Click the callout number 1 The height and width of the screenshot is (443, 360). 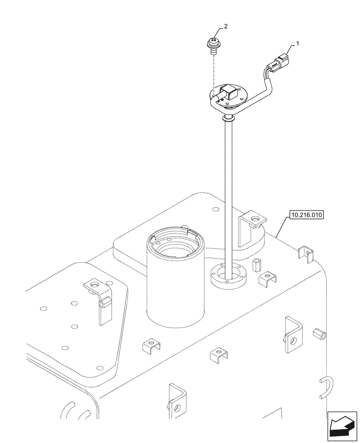[298, 43]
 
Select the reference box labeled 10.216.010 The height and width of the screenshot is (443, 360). [307, 215]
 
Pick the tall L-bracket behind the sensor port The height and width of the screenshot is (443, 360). [251, 230]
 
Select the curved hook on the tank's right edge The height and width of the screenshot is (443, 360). [325, 385]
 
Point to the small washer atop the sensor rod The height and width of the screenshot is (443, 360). [228, 118]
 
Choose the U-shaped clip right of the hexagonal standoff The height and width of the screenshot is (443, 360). [268, 278]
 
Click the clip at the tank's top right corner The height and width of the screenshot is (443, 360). [305, 253]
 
